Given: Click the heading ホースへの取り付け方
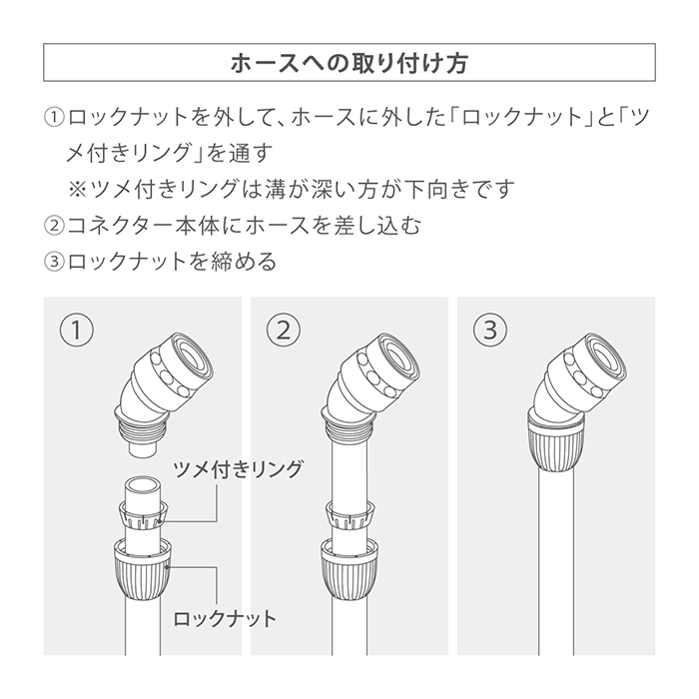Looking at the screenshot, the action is click(x=349, y=62).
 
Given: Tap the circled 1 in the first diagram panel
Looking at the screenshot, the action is click(x=77, y=331).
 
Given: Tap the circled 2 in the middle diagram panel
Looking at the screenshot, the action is click(x=284, y=331).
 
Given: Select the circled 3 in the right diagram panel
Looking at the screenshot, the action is click(x=490, y=331).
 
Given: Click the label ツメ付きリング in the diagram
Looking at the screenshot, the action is click(x=238, y=469).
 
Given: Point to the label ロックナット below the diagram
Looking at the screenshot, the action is click(x=225, y=619).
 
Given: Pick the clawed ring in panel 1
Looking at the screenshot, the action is click(x=143, y=515).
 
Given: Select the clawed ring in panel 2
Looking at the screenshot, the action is click(x=349, y=515).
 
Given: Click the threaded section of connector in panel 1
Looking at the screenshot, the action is click(x=143, y=430).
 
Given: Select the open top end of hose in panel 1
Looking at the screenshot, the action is click(x=143, y=482).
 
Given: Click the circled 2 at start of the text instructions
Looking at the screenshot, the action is click(x=54, y=226).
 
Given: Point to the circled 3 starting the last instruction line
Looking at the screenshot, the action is click(x=54, y=262).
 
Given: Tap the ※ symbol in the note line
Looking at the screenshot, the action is click(x=78, y=189).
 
